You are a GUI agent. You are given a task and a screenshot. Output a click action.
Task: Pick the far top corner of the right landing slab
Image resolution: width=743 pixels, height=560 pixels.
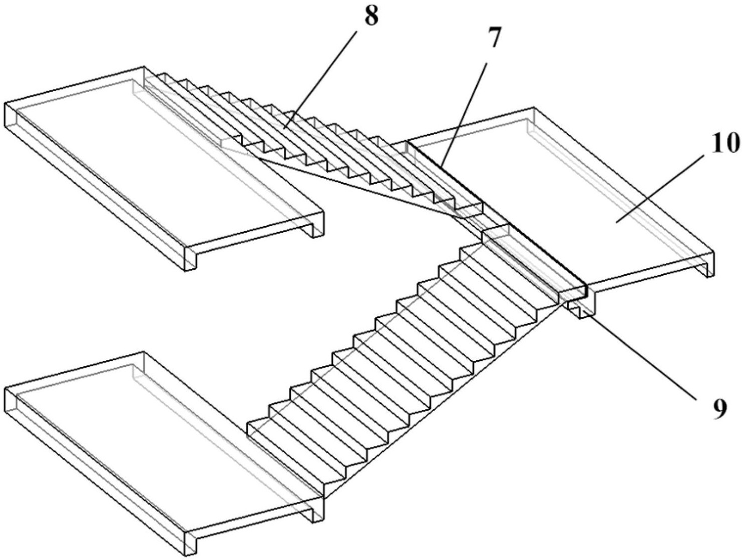534,108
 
